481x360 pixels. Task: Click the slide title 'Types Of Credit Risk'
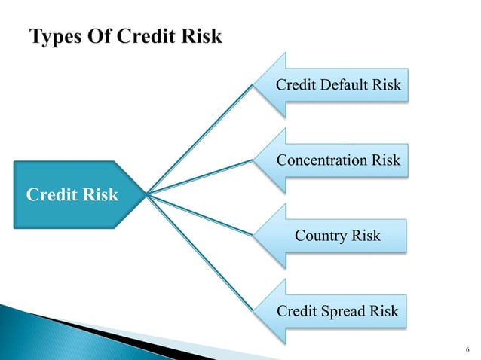[x=125, y=37]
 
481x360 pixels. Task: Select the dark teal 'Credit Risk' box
[x=72, y=195]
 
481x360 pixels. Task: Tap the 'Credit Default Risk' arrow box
[x=338, y=85]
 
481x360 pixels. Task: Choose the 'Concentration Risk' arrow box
[x=338, y=160]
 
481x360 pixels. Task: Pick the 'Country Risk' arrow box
[x=338, y=236]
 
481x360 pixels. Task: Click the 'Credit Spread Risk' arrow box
[x=338, y=311]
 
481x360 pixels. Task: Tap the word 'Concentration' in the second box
[x=322, y=160]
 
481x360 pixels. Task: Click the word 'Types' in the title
[x=56, y=37]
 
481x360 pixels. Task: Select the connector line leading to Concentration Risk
[x=200, y=178]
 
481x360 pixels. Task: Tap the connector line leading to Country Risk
[x=200, y=215]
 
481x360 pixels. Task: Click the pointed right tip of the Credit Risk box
[x=146, y=195]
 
